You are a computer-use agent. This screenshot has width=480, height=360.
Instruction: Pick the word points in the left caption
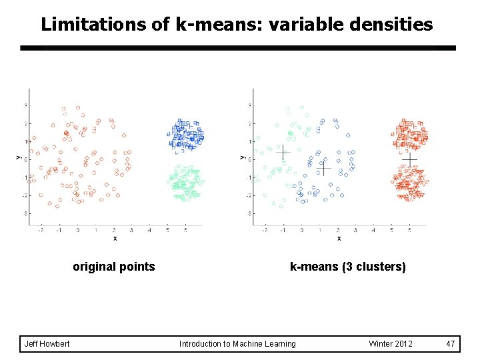[x=138, y=267]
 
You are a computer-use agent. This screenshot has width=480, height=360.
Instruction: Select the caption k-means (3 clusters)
[x=347, y=267]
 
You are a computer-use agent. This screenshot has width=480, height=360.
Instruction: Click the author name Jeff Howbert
[x=47, y=343]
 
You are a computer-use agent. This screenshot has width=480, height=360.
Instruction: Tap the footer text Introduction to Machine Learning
[x=237, y=343]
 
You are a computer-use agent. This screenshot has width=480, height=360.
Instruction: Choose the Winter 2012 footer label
[x=390, y=343]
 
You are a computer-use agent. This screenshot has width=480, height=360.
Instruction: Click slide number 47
[x=451, y=343]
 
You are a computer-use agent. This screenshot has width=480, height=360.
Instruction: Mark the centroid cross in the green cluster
[x=283, y=153]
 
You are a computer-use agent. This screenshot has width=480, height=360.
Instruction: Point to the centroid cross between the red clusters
[x=409, y=160]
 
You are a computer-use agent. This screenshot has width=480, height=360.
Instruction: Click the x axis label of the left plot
[x=115, y=238]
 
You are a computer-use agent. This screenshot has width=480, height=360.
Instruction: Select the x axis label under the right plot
[x=339, y=238]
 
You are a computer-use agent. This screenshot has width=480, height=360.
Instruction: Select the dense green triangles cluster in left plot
[x=185, y=181]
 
